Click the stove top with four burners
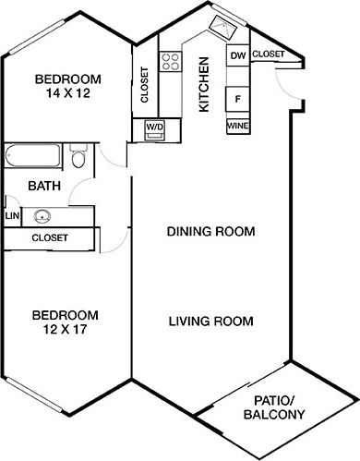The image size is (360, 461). pos(170,61)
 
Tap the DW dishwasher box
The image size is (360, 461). pos(238,55)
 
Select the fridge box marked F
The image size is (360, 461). pos(237,99)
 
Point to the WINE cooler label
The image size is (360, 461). pos(237,126)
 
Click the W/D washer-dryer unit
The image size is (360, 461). pos(155,130)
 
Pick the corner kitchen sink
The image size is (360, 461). pos(222,28)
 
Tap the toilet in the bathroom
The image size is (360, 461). pos(78,155)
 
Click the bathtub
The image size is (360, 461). pos(32,155)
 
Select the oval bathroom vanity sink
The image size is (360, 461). pos(42,216)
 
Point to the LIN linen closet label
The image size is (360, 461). pos(12,215)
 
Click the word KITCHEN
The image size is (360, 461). pos(204,84)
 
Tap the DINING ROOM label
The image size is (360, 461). pos(210,231)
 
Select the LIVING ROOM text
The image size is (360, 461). pos(211,321)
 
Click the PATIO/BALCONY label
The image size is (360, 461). pos(274,407)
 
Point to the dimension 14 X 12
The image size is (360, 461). pos(68,93)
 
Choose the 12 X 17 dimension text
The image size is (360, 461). pos(66,330)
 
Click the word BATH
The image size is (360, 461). pos(44,186)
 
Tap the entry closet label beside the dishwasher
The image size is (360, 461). pos(269,55)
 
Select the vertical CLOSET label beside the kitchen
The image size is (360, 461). pos(144,85)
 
